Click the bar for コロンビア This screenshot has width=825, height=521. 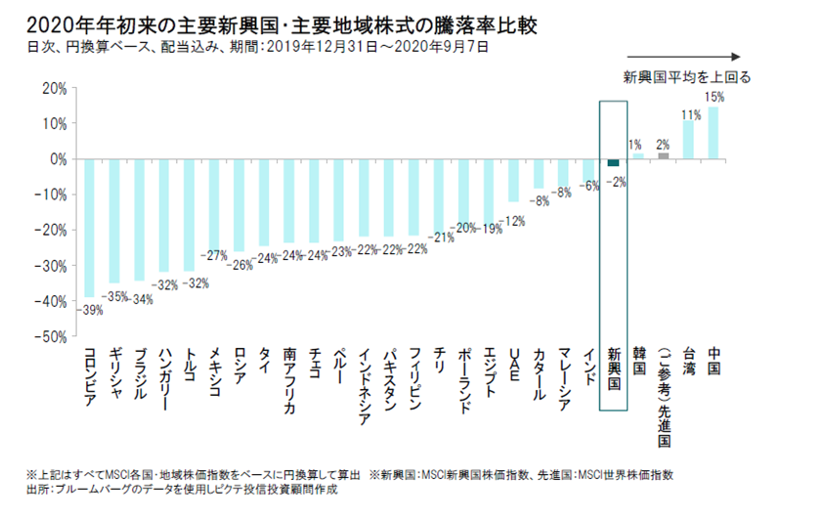point(89,227)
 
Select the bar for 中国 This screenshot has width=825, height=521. point(714,133)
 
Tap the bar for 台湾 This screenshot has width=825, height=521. point(688,140)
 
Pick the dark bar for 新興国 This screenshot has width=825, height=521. point(613,162)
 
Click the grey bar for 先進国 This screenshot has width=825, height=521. point(664,155)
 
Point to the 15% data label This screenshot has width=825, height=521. point(715,98)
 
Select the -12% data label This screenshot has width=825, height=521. point(514,221)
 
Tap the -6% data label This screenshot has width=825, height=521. point(588,187)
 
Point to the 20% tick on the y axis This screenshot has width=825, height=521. point(54,88)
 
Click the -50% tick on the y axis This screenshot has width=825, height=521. point(51,335)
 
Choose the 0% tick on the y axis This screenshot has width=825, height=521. point(57,158)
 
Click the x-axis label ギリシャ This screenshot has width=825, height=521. point(114,371)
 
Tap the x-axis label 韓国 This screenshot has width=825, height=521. point(638,361)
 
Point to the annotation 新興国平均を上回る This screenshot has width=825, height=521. point(688,77)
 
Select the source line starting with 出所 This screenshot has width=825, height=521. point(182,490)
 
